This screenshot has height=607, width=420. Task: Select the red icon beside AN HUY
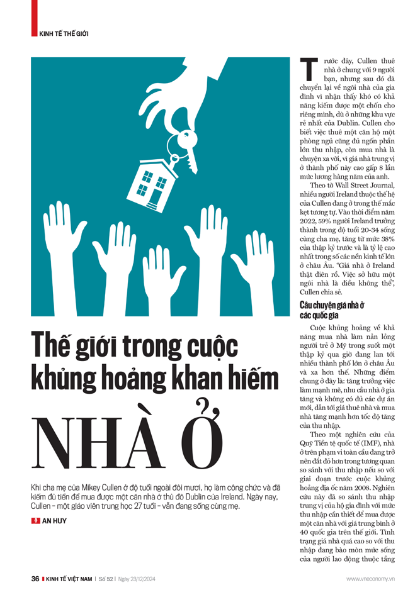point(35,521)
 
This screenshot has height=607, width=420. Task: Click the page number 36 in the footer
point(35,579)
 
